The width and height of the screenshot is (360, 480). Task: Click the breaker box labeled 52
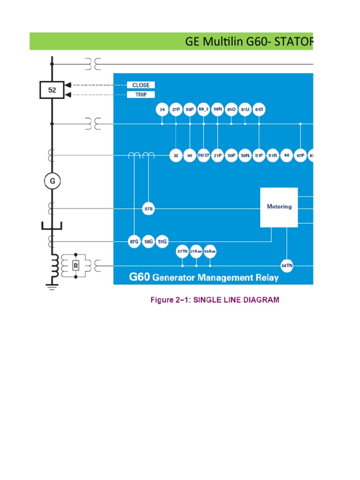pyautogui.click(x=52, y=90)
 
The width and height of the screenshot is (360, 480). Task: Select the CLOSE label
pyautogui.click(x=141, y=85)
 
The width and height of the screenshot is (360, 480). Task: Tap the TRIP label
pyautogui.click(x=141, y=95)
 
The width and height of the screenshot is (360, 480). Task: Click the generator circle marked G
pyautogui.click(x=52, y=181)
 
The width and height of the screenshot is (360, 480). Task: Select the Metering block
pyautogui.click(x=279, y=207)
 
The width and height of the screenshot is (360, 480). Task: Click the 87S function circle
pyautogui.click(x=148, y=208)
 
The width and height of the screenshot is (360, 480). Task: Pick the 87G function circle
pyautogui.click(x=134, y=241)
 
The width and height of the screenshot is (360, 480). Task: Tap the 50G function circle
pyautogui.click(x=148, y=241)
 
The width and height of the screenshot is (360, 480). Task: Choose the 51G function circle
pyautogui.click(x=162, y=241)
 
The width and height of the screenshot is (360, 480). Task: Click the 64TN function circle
pyautogui.click(x=287, y=266)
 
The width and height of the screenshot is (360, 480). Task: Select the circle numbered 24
pyautogui.click(x=162, y=110)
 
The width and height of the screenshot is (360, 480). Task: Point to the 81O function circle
pyautogui.click(x=231, y=110)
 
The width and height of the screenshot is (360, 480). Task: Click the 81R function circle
pyautogui.click(x=259, y=110)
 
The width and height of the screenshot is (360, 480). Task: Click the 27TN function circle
pyautogui.click(x=182, y=251)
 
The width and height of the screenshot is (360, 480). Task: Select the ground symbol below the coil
pyautogui.click(x=52, y=283)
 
